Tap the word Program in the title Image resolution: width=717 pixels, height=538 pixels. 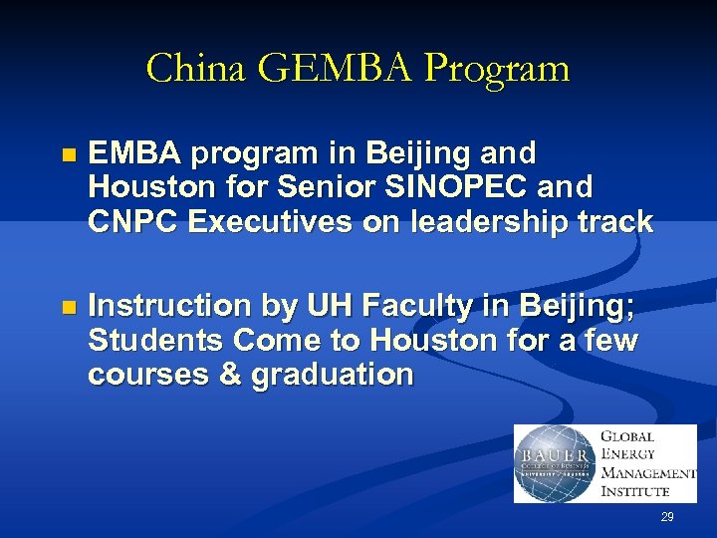click(496, 70)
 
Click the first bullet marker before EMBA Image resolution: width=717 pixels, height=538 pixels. click(68, 155)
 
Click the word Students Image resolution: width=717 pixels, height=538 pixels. click(155, 341)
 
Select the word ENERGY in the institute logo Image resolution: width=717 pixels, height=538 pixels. click(627, 454)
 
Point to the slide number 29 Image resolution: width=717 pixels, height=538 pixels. click(667, 517)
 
